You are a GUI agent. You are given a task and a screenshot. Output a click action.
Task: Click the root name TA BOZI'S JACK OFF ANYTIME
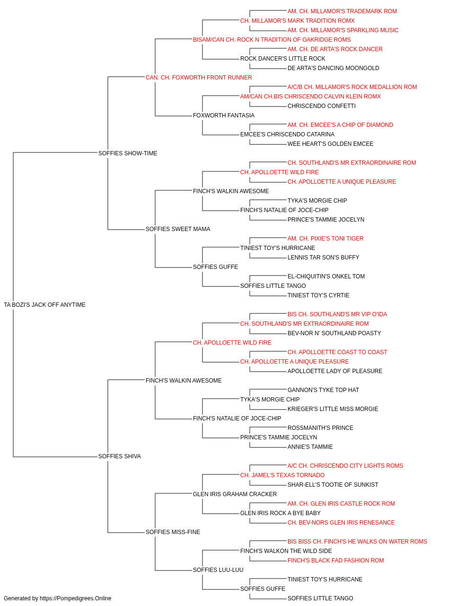click(x=44, y=305)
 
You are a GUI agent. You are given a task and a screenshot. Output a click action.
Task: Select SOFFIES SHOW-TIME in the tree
click(x=128, y=153)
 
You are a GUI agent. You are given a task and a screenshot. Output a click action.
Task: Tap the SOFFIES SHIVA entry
click(x=120, y=456)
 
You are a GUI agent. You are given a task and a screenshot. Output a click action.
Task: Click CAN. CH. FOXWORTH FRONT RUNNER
click(x=199, y=78)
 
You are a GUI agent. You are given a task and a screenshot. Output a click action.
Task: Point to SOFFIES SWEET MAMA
click(x=178, y=229)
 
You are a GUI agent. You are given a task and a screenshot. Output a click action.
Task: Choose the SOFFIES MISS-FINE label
click(x=173, y=532)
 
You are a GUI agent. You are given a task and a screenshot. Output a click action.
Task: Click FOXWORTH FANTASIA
click(x=224, y=116)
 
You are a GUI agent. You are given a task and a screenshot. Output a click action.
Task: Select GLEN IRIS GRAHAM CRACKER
click(x=235, y=494)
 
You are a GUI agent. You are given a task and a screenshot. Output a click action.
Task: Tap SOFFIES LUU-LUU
click(x=218, y=570)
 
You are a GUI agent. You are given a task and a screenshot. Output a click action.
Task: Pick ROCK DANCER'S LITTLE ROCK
click(x=283, y=59)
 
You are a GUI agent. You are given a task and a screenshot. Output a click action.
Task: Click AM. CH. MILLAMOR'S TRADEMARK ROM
click(x=342, y=11)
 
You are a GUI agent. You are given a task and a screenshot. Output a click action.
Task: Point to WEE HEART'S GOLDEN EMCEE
click(x=330, y=144)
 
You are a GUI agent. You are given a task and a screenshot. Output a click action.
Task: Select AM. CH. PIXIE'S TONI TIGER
click(x=325, y=239)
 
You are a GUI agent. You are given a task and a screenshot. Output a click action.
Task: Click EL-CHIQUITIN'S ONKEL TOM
click(x=326, y=276)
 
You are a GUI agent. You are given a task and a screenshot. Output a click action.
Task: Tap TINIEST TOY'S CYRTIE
click(x=318, y=295)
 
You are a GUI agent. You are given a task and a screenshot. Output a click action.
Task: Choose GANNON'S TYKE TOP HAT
click(x=323, y=390)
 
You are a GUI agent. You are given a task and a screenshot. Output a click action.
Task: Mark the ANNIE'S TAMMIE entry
click(x=310, y=447)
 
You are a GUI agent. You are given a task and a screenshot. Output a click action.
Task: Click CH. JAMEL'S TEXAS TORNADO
click(x=282, y=475)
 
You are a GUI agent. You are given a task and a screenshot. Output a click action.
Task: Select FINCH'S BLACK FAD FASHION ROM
click(x=336, y=561)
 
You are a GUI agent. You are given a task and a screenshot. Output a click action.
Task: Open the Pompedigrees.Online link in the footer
click(x=76, y=598)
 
